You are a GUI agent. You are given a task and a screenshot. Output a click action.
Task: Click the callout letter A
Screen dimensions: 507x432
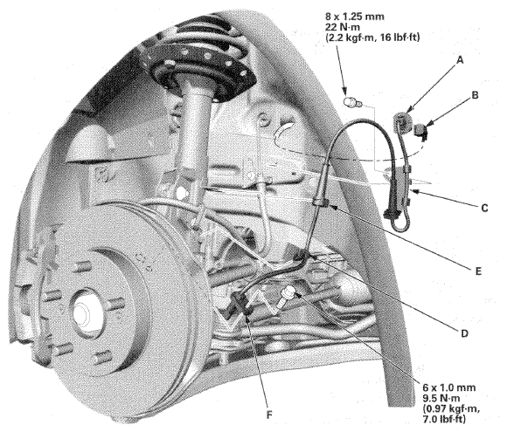[x=460, y=60]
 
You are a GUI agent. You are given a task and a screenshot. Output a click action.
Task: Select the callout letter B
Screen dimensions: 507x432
[x=475, y=95]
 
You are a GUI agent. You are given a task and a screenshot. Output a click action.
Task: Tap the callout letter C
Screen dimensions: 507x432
[x=484, y=208]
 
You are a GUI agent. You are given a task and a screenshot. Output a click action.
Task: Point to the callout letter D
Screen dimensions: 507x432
[x=465, y=333]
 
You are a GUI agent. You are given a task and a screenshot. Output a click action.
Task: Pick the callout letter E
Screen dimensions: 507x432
[x=478, y=271]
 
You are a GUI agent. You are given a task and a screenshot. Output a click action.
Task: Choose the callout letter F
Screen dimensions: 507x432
[x=269, y=415]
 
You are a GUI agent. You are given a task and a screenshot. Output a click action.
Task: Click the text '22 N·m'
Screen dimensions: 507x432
[x=344, y=27]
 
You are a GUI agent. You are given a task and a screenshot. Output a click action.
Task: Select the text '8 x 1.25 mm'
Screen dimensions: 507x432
[x=355, y=16]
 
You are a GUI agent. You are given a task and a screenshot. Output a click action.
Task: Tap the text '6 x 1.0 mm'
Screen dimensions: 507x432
[x=448, y=387]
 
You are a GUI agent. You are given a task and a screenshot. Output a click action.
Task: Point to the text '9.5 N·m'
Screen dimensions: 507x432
[x=441, y=398]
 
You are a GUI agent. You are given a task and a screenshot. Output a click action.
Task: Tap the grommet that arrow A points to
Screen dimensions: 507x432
[x=401, y=120]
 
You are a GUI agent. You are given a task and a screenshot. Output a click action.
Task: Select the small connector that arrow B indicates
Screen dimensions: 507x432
[x=420, y=131]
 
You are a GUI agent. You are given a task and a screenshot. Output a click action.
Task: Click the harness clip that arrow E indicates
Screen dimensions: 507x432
[x=321, y=202]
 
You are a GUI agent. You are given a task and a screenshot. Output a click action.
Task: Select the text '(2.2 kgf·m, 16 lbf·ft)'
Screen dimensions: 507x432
[x=372, y=38]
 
